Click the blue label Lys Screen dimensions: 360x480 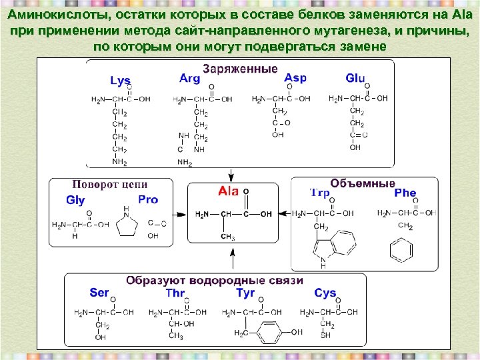tap(120, 81)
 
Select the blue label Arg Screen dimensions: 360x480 tap(189, 78)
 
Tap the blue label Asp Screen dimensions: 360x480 tap(295, 77)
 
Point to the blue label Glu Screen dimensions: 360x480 tap(355, 78)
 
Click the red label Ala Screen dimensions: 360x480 tap(228, 191)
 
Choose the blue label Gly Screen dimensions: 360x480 tap(75, 200)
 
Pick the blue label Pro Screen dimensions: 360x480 tap(148, 199)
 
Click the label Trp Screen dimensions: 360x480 tap(319, 193)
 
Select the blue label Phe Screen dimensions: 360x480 tap(405, 193)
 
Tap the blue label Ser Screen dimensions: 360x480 tap(99, 293)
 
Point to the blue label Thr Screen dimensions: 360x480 tap(175, 293)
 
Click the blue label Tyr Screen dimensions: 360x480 tap(245, 293)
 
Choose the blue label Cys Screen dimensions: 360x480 tap(325, 293)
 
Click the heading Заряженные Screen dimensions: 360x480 tap(240, 69)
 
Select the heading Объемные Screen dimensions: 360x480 tap(362, 183)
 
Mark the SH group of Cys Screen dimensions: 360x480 tap(326, 335)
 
